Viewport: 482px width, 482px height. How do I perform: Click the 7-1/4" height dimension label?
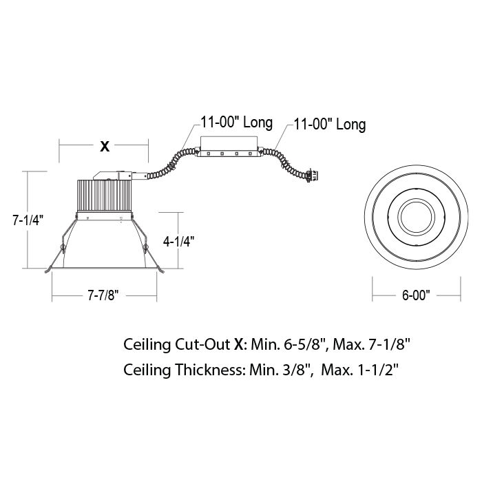tap(28, 220)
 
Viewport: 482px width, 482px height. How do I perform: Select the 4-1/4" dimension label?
tap(178, 242)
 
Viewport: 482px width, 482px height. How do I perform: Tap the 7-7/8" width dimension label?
tap(103, 295)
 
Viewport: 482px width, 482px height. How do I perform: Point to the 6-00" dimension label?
tap(416, 295)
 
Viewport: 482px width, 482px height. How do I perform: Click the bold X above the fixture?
tap(105, 147)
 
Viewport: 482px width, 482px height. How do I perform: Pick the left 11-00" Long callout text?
tap(237, 123)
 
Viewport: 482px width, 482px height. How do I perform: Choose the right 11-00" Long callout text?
tap(330, 124)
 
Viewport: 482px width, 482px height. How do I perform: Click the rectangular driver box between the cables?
tap(229, 147)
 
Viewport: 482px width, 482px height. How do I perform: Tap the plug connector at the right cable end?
tap(312, 176)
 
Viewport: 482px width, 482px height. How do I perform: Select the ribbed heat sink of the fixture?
tap(104, 195)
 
